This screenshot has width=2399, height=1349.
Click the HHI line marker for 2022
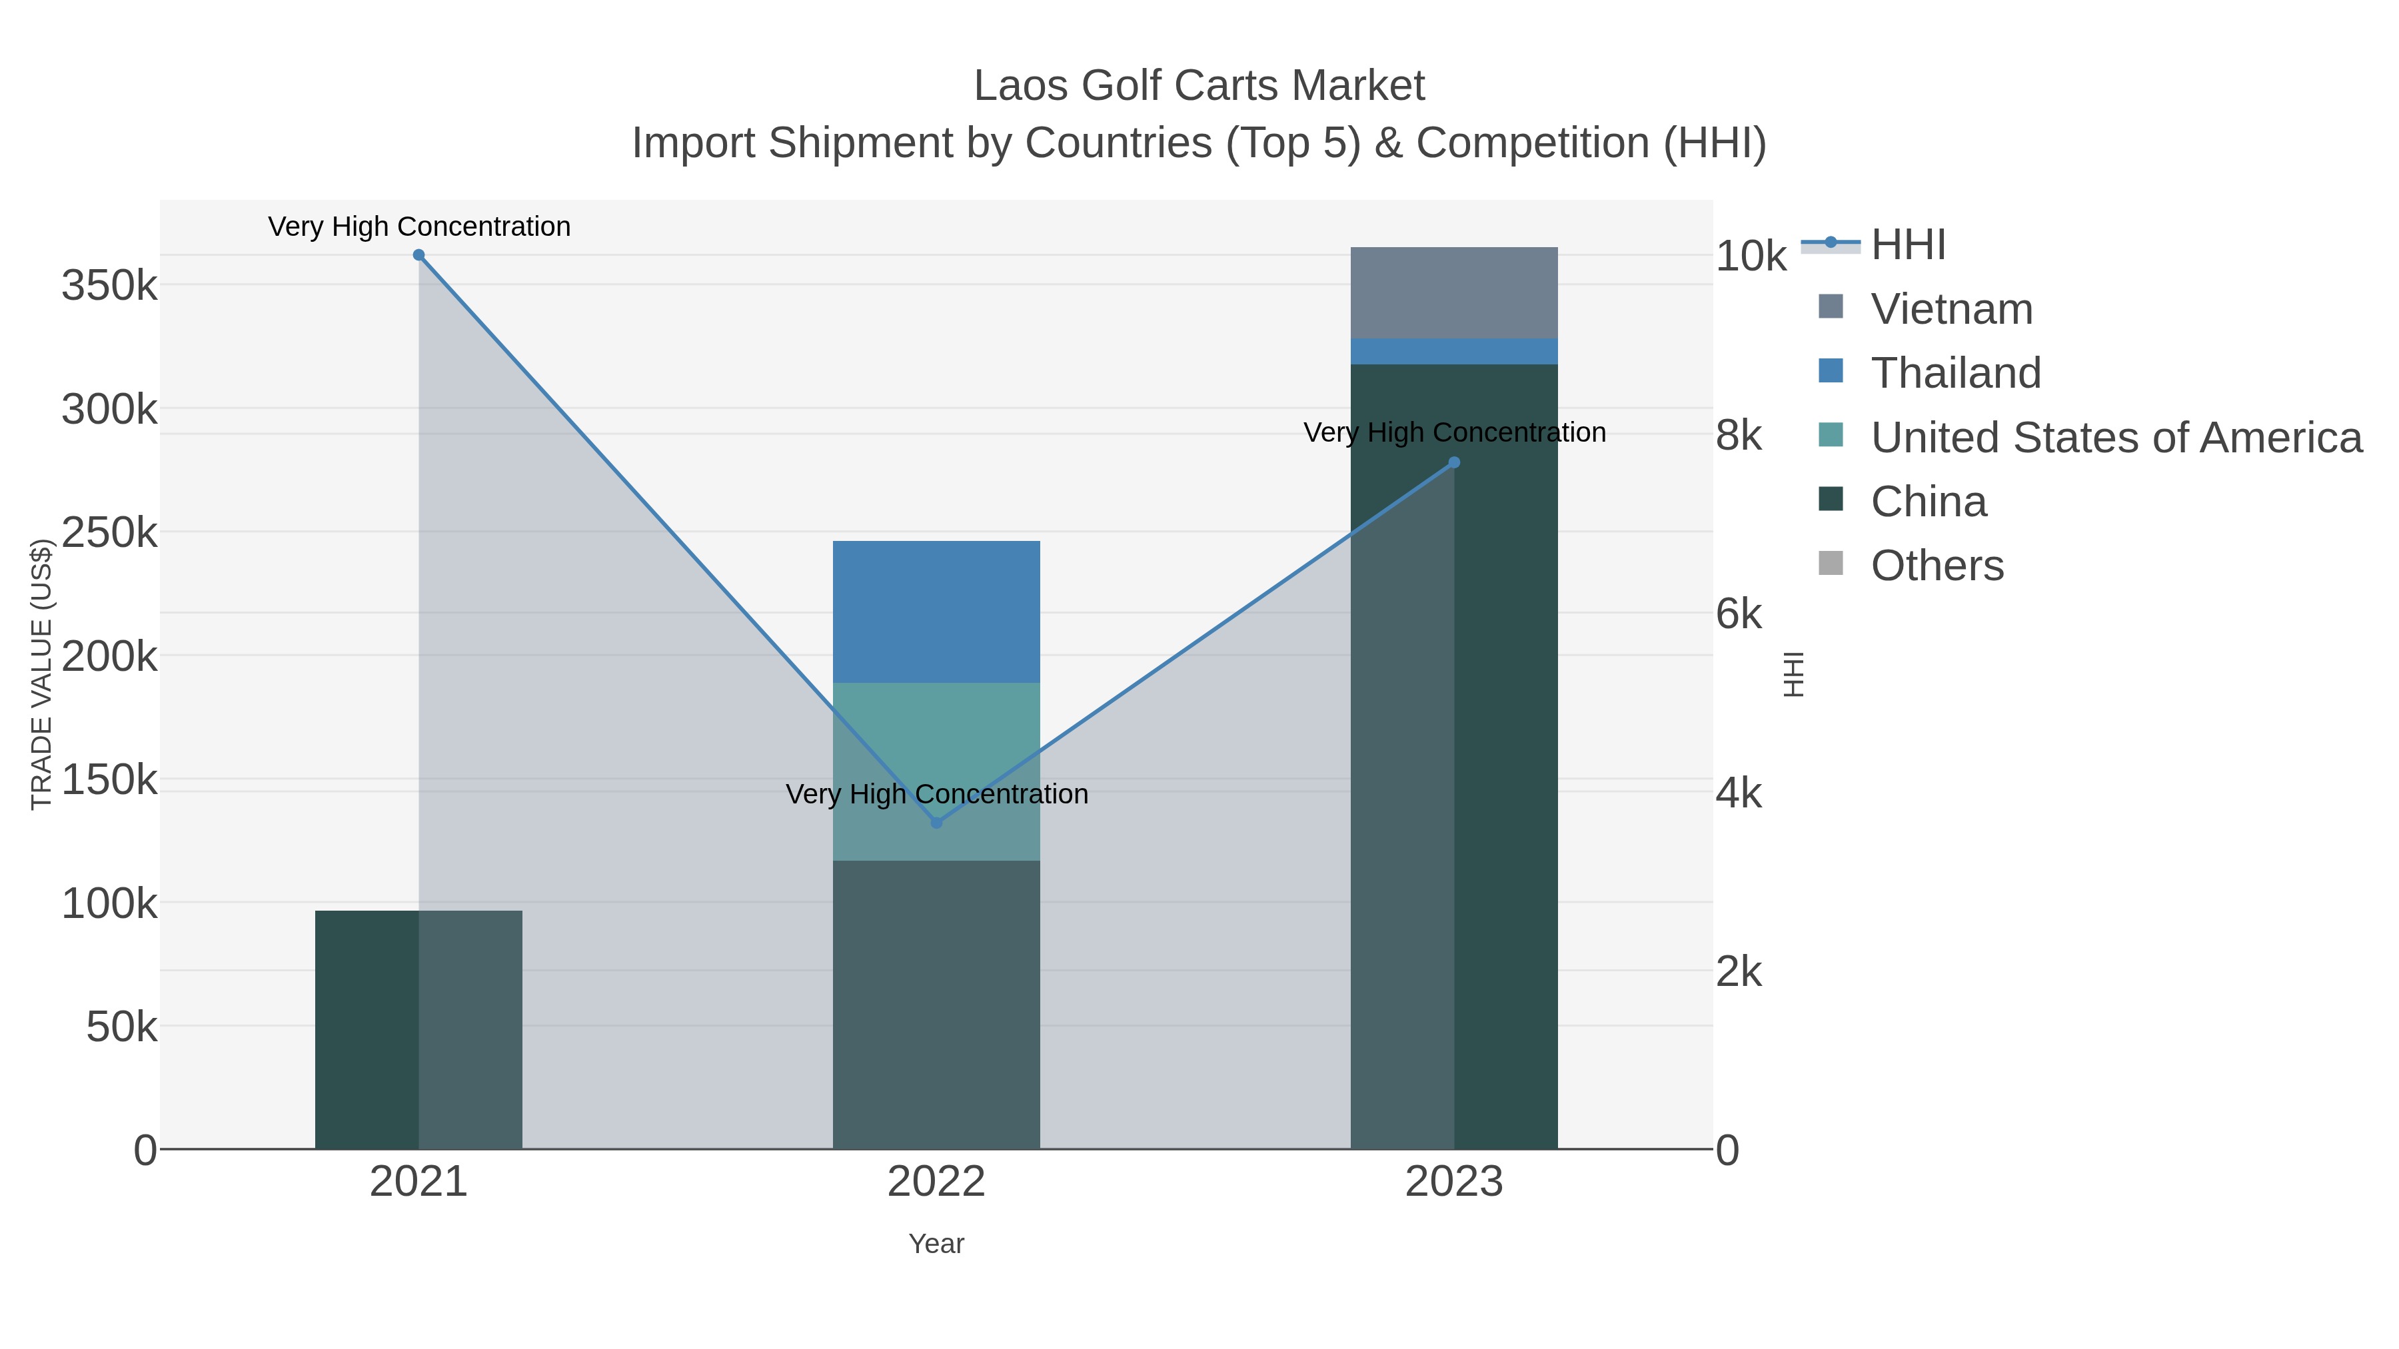(x=936, y=823)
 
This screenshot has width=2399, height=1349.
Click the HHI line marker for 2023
(x=1454, y=463)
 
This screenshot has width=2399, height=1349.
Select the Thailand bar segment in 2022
(x=936, y=612)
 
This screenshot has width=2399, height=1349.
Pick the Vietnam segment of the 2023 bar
(x=1454, y=293)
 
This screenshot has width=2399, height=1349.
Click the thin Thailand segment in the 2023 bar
(x=1454, y=352)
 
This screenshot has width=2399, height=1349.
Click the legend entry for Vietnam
(x=1951, y=309)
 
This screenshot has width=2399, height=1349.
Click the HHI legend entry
(x=1907, y=245)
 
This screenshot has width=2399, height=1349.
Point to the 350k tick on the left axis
(x=110, y=285)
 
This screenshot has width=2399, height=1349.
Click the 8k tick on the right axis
(x=1739, y=435)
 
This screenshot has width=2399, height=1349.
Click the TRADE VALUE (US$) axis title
(x=41, y=674)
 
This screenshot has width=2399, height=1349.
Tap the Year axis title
(x=936, y=1244)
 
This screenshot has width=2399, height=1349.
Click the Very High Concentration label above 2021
(x=419, y=226)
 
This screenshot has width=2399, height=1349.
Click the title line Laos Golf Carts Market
(x=1199, y=86)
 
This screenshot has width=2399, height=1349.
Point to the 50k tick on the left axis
(x=121, y=1027)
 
